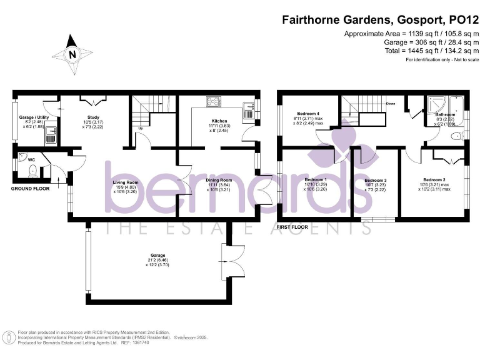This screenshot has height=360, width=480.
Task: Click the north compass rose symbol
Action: [72, 55]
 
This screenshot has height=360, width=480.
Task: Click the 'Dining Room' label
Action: [219, 181]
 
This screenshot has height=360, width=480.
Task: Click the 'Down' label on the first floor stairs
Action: [391, 104]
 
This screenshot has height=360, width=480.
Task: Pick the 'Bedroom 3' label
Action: [376, 181]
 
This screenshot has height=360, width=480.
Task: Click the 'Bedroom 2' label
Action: [434, 179]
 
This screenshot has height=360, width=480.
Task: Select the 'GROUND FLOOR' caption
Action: [32, 187]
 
